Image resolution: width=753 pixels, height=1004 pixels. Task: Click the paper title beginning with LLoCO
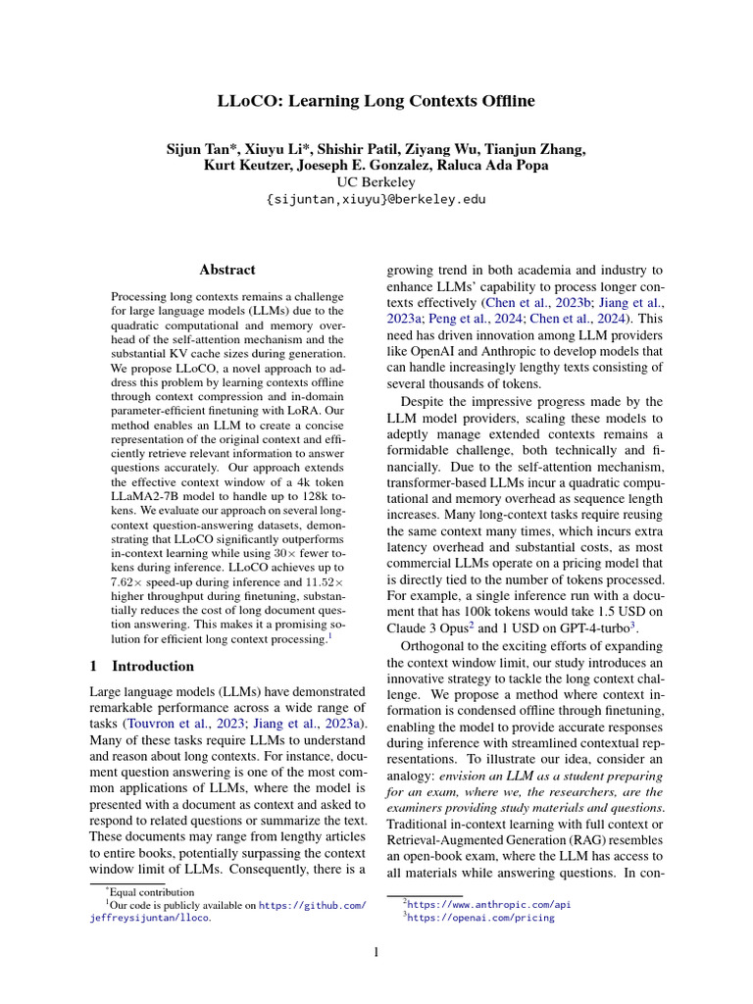click(376, 101)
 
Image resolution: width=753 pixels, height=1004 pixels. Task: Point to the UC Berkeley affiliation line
click(376, 182)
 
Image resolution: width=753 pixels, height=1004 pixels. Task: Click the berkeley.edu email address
click(376, 199)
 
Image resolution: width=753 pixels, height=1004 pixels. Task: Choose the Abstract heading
click(227, 270)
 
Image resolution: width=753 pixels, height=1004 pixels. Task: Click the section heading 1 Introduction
click(142, 667)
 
